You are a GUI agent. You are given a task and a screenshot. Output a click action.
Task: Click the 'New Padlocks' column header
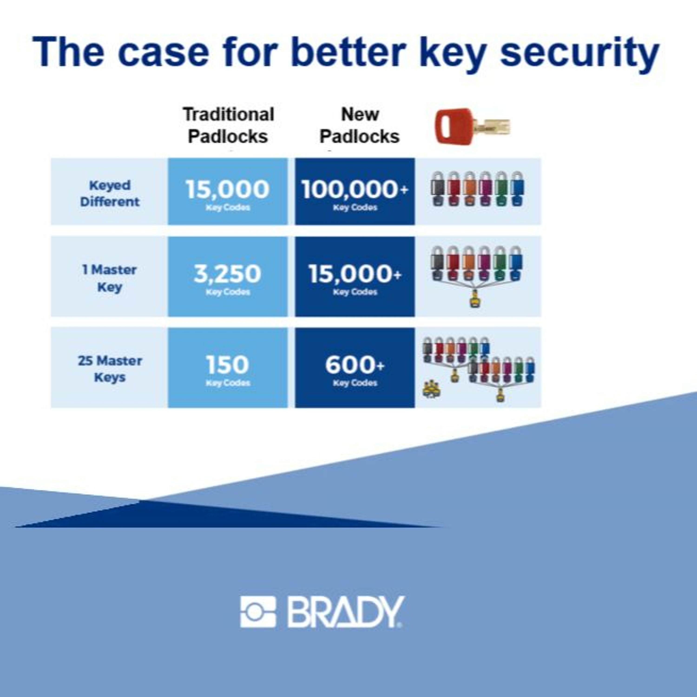360,125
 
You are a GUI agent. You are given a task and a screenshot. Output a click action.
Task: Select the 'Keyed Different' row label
110,193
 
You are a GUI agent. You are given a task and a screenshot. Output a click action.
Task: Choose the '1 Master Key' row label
110,278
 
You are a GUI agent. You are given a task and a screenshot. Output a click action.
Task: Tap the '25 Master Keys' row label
110,369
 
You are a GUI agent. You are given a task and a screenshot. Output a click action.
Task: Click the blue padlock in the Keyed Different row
517,189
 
